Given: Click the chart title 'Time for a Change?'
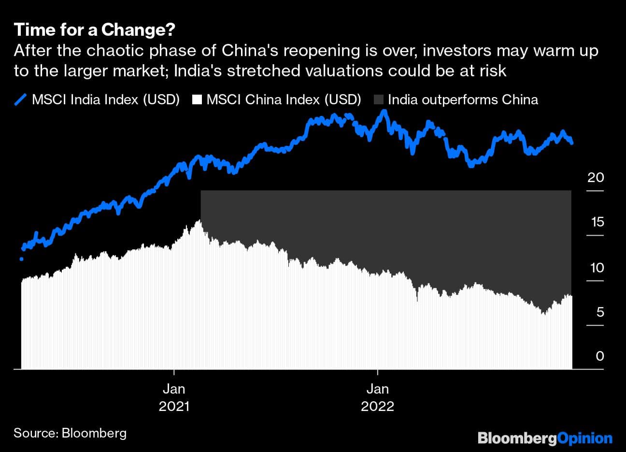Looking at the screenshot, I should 94,30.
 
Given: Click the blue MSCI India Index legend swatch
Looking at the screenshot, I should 20,100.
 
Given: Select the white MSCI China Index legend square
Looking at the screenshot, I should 197,100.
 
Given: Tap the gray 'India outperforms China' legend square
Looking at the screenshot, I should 379,100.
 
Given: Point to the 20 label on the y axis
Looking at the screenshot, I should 595,177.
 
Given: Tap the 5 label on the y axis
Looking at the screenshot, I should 599,312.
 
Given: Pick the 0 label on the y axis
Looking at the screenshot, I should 599,356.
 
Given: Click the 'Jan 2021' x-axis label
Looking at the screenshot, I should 174,397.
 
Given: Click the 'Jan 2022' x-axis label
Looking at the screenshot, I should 377,397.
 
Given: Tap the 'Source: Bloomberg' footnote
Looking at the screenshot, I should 70,433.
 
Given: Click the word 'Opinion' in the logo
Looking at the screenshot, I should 584,438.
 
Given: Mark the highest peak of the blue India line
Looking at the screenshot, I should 384,112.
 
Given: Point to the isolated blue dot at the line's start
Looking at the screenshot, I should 21,259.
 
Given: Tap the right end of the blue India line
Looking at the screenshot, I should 572,142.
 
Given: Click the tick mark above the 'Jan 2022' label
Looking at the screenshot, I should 377,372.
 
